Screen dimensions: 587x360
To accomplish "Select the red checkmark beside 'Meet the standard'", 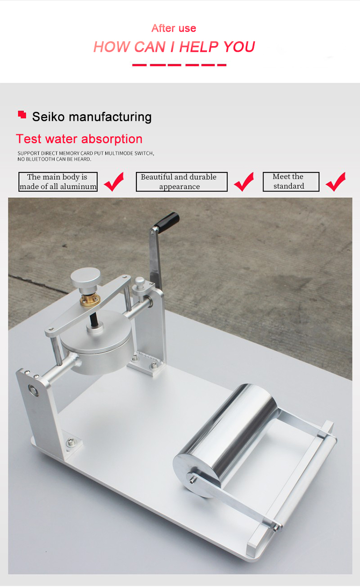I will coord(336,181).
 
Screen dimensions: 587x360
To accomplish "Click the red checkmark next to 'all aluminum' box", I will coord(114,181).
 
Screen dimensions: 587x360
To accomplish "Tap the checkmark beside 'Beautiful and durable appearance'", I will coord(244,181).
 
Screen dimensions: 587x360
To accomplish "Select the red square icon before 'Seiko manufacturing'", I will coord(22,114).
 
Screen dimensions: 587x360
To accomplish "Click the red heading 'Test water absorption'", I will coord(79,139).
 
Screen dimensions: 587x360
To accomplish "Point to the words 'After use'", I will coord(174,28).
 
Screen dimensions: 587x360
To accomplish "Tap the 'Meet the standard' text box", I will coord(290,182).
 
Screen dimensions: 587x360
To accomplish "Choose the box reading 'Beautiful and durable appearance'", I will coord(181,182).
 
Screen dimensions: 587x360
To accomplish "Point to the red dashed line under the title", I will coord(179,65).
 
